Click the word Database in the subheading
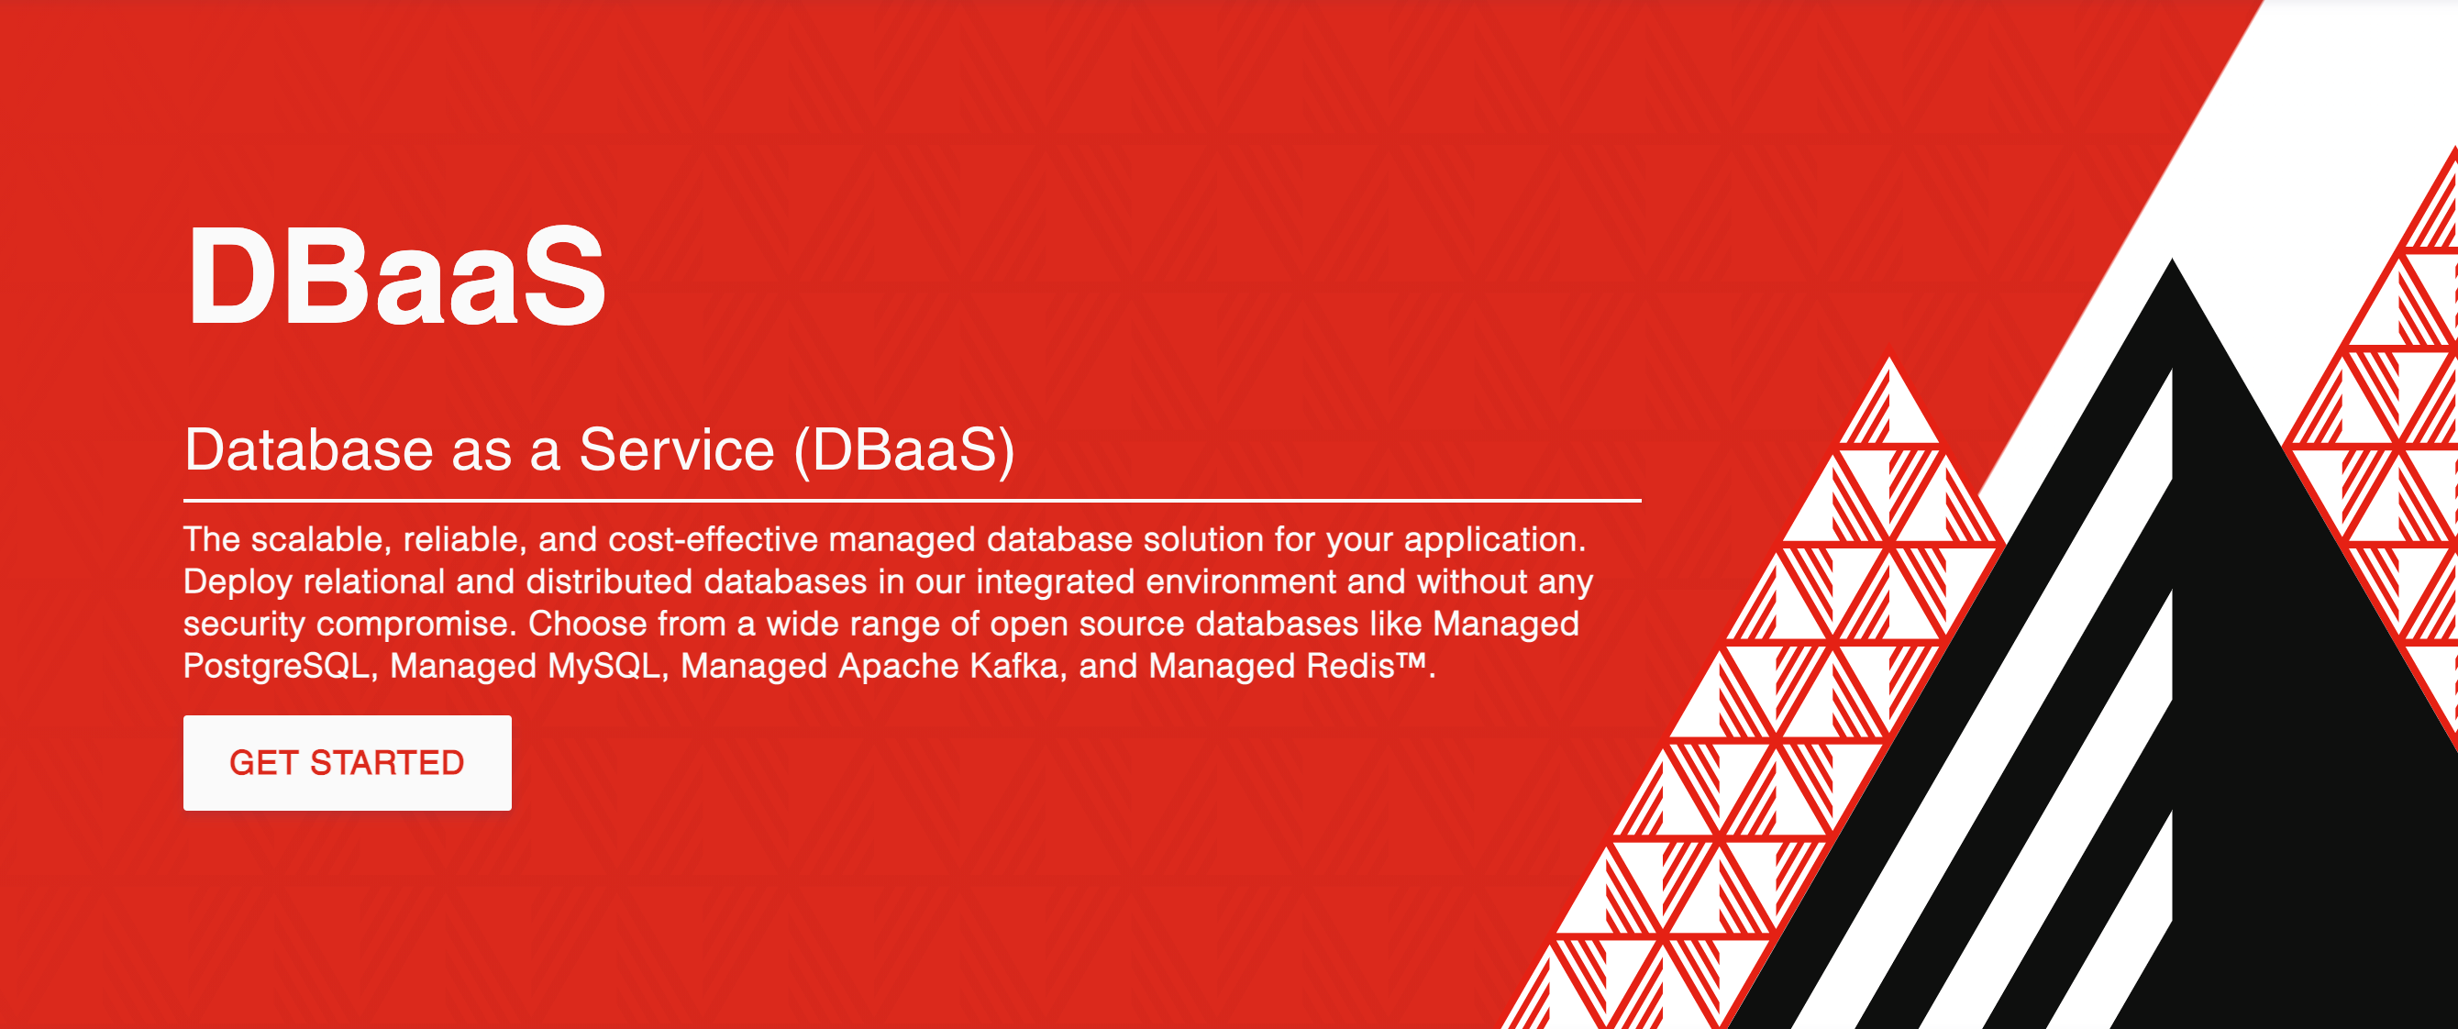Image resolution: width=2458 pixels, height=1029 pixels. pos(308,449)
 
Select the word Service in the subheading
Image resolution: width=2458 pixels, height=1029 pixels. pos(677,449)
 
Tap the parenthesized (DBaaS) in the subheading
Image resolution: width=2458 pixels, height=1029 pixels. pos(903,449)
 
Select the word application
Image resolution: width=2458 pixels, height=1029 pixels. pos(1494,540)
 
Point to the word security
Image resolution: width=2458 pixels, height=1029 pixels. pos(244,625)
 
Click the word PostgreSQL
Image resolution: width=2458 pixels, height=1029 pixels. pos(276,666)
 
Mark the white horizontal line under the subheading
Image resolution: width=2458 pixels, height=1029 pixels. pos(912,500)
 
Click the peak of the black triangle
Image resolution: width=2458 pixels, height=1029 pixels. pos(2173,264)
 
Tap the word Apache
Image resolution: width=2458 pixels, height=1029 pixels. pos(898,666)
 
